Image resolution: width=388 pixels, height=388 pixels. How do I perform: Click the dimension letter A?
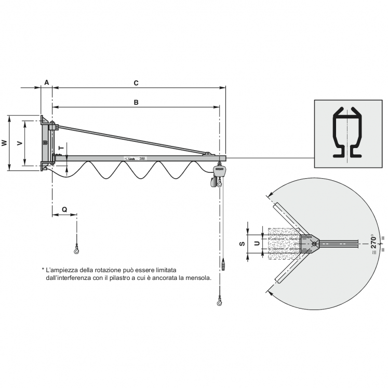click(46, 83)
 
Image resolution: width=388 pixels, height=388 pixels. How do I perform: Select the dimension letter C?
click(136, 83)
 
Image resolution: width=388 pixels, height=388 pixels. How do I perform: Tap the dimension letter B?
click(136, 102)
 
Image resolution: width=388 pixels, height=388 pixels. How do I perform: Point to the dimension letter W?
click(5, 143)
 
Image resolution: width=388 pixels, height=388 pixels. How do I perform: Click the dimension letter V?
click(19, 143)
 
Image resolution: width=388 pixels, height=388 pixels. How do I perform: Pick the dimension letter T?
click(61, 148)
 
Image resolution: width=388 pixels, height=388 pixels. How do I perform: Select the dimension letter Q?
click(64, 209)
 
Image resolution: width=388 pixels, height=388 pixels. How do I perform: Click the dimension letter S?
click(242, 243)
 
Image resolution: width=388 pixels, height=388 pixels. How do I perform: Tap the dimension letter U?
click(256, 243)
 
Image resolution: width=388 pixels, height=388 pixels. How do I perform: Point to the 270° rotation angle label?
click(373, 244)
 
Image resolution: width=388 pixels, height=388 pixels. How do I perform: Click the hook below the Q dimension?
click(77, 251)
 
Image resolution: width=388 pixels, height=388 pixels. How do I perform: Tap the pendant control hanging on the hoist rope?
click(224, 264)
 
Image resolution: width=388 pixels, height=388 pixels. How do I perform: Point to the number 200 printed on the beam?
click(142, 158)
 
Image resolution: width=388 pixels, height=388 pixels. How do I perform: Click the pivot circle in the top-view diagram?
click(314, 243)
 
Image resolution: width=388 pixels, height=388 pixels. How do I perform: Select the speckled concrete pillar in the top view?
click(283, 243)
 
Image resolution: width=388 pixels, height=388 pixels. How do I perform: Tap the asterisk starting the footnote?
click(43, 270)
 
